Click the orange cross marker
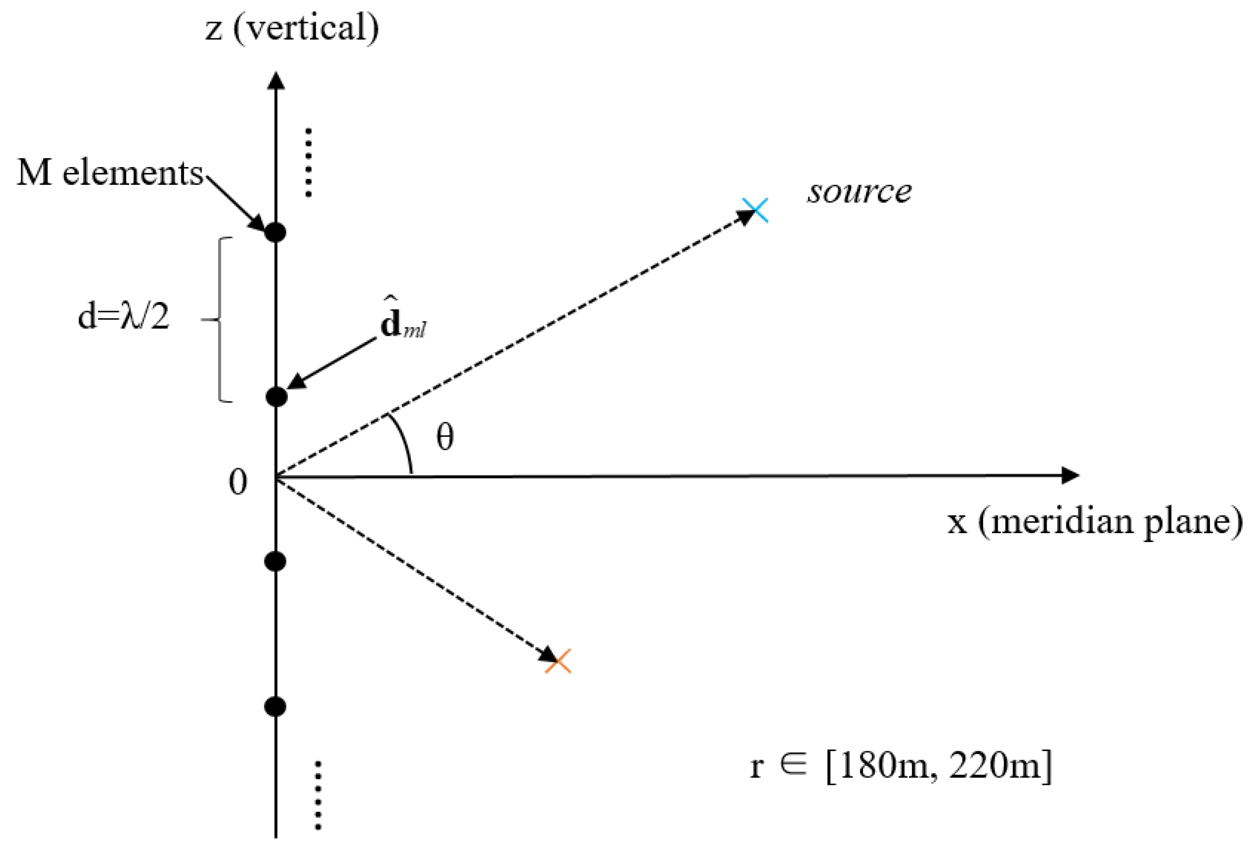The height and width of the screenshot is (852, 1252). tap(558, 661)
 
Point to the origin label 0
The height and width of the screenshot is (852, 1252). tap(237, 482)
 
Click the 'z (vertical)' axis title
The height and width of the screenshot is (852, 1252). tap(292, 28)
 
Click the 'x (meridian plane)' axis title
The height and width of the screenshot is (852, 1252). tap(1096, 522)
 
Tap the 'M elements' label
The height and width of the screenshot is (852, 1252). tap(110, 173)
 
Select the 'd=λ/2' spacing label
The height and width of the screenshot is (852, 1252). tap(124, 317)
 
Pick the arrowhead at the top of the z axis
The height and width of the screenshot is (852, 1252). tap(276, 81)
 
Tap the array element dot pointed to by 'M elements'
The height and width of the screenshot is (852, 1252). tap(276, 233)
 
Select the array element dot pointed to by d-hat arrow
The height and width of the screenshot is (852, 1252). tap(276, 397)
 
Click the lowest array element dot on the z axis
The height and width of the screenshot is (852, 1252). tap(276, 706)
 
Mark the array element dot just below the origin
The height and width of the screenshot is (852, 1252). tap(276, 562)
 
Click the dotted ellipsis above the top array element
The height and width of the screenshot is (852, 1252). tap(309, 162)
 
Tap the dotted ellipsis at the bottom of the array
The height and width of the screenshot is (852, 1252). tap(318, 795)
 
